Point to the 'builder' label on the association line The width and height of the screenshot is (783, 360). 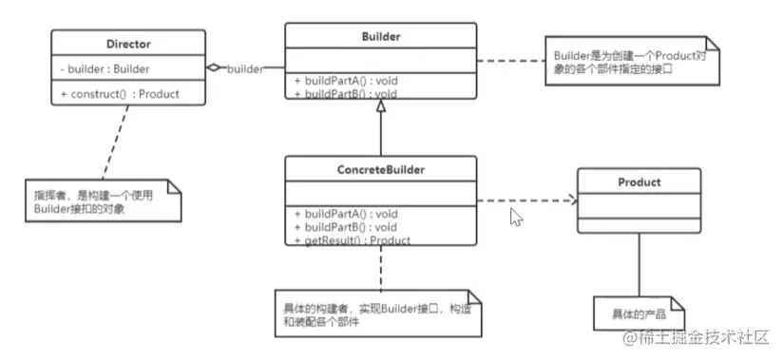click(245, 69)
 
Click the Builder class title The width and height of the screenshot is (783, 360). click(380, 37)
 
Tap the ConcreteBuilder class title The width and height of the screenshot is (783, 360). click(380, 170)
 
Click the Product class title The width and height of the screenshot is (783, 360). click(639, 181)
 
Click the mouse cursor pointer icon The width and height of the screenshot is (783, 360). click(517, 218)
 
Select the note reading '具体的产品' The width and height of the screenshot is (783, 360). click(638, 313)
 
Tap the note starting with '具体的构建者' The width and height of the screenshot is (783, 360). click(377, 313)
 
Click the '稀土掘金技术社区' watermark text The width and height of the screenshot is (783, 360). click(702, 337)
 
